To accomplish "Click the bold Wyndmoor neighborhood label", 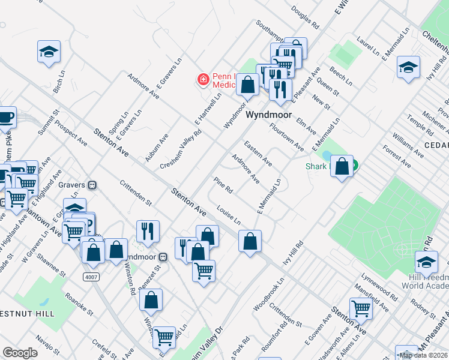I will tap(269, 115).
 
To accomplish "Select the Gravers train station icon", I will tap(92, 185).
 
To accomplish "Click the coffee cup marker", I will tap(5, 117).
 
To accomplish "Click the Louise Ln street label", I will tap(229, 214).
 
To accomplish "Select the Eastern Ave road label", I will tap(258, 154).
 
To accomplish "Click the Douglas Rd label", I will tap(305, 18).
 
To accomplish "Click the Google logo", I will tap(20, 353).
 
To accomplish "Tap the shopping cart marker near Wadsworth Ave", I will tap(361, 308).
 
